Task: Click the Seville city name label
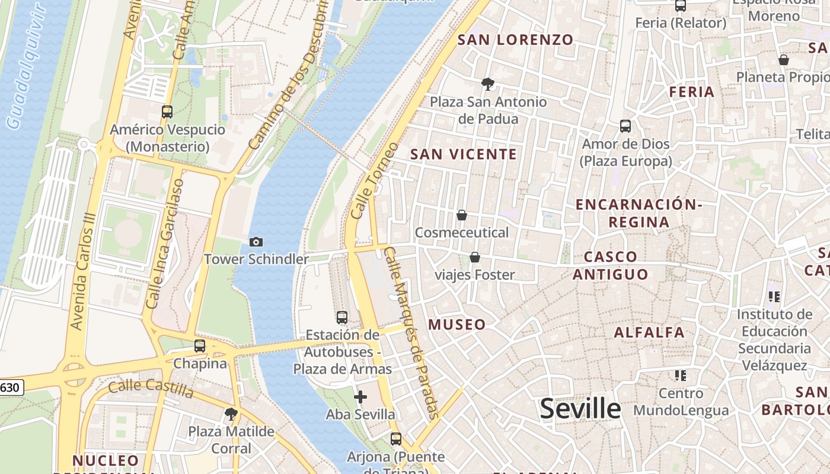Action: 580,409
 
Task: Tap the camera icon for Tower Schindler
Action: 256,242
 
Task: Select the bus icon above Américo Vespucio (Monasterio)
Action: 167,111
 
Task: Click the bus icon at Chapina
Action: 200,346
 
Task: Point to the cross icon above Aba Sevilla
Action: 360,397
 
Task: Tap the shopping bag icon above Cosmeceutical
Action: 461,215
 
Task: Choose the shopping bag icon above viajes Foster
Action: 474,257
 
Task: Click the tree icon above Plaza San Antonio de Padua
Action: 488,84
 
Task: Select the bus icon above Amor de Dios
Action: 625,126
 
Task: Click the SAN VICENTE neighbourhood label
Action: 464,155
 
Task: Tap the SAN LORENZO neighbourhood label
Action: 516,40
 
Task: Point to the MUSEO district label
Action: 457,325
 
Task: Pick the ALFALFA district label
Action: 649,332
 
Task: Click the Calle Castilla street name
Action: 151,389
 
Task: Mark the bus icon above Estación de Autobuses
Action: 342,318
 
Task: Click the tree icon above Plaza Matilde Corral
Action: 231,414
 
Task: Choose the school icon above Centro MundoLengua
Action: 681,376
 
